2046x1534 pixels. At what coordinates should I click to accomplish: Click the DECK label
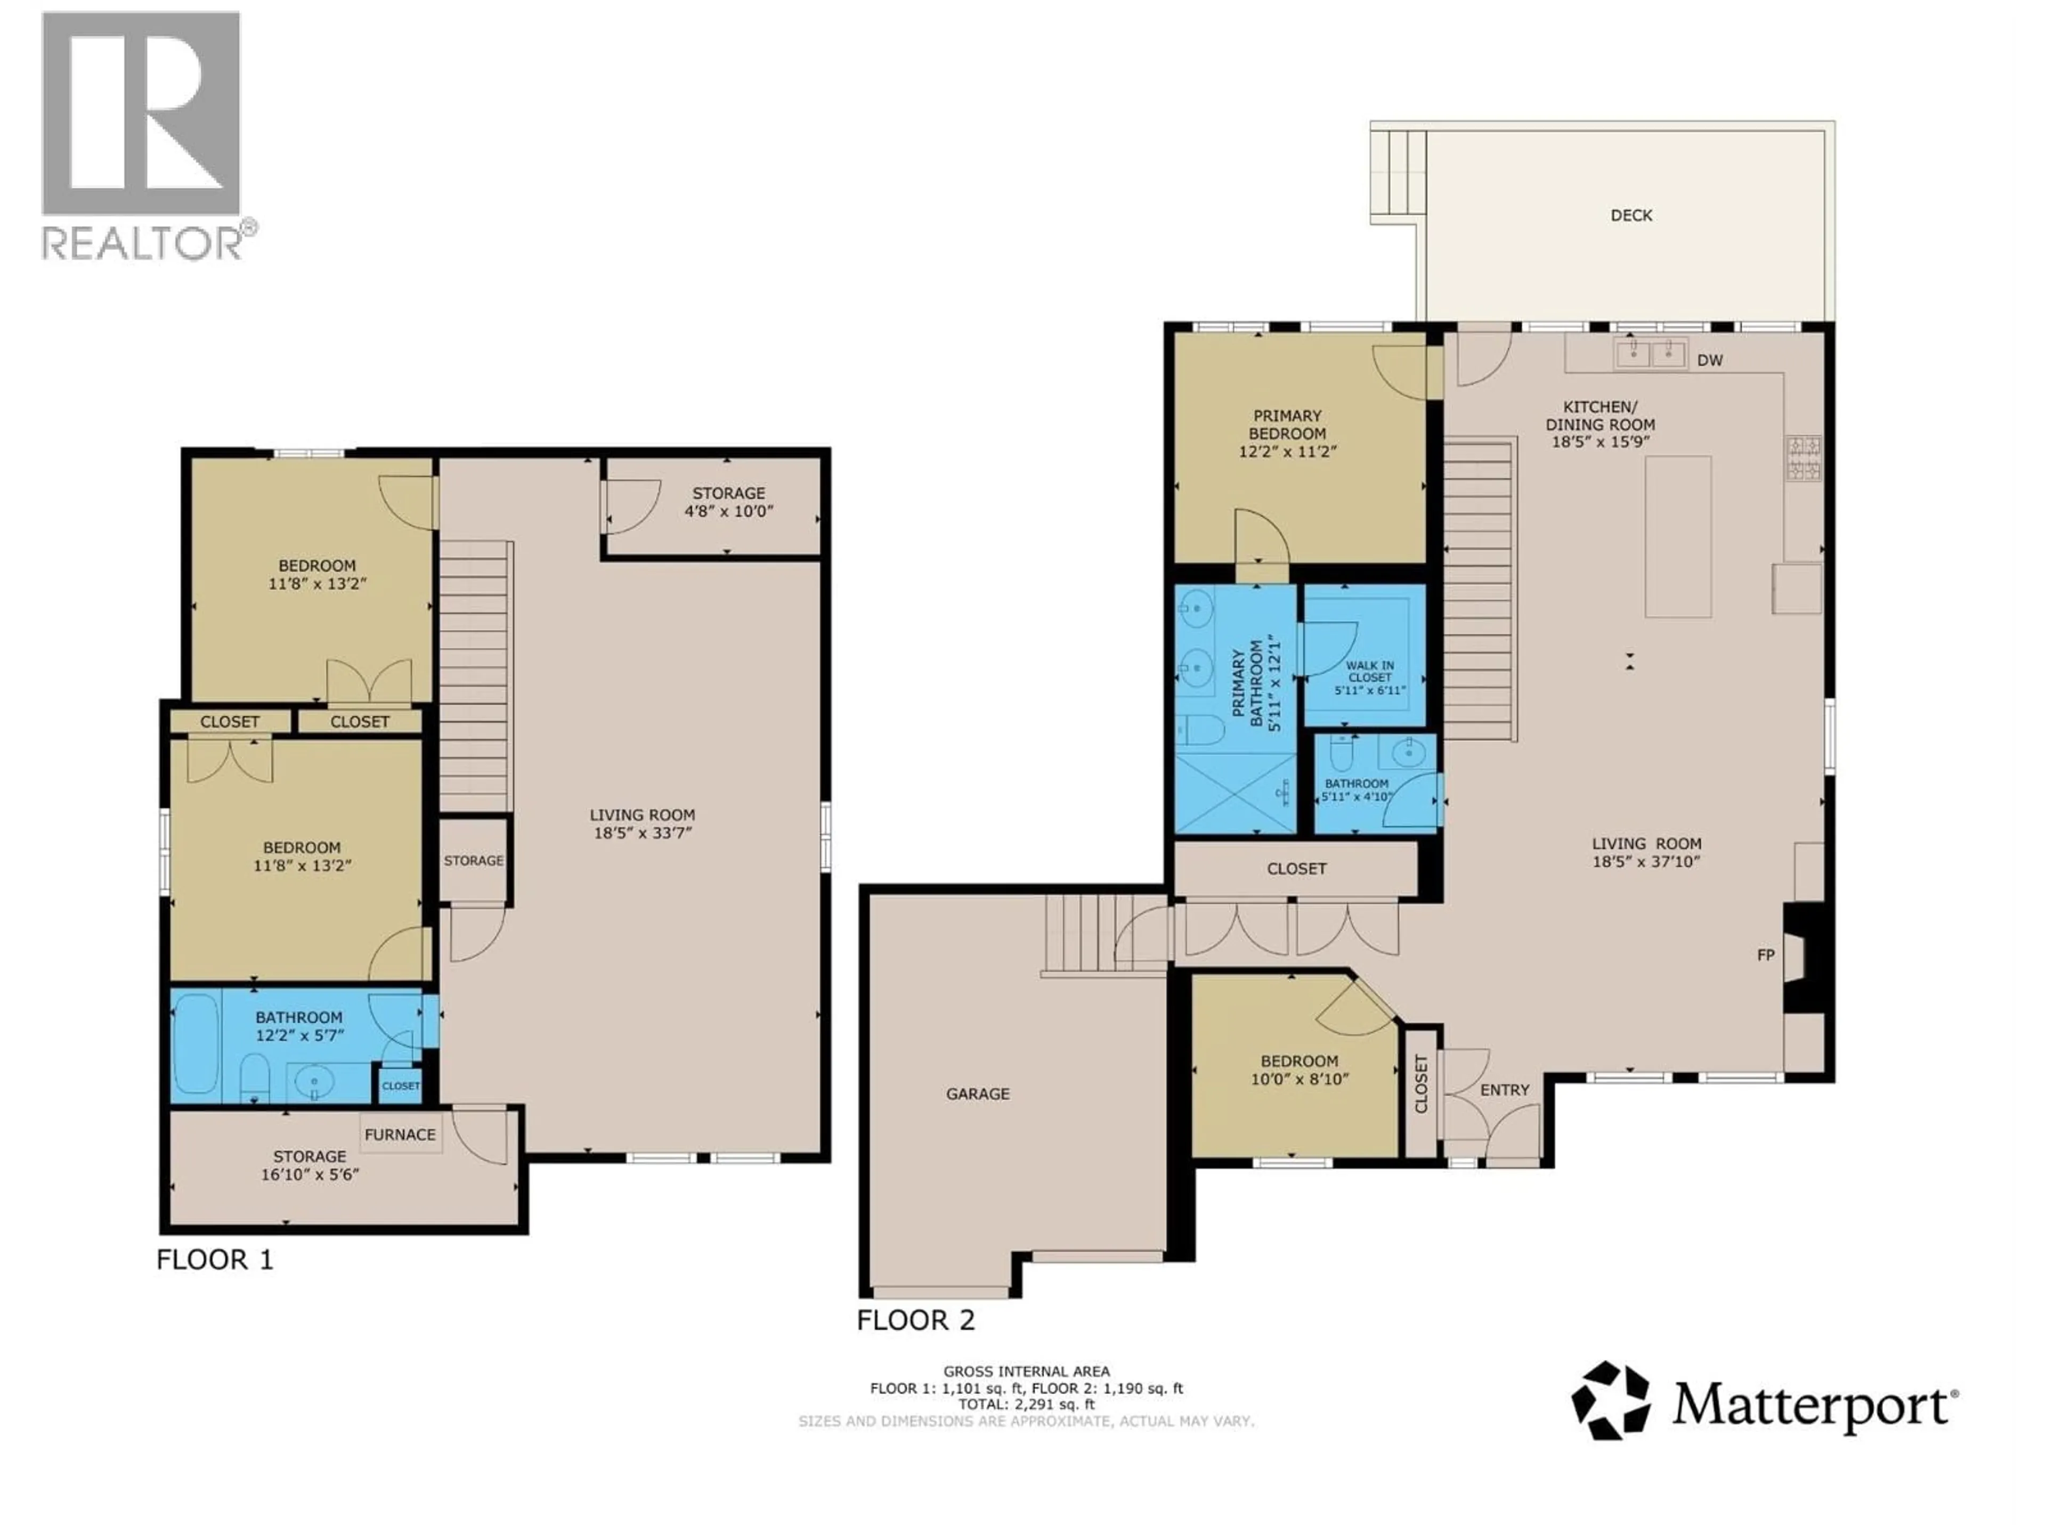[1631, 215]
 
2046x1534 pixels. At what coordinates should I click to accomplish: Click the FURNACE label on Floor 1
[400, 1135]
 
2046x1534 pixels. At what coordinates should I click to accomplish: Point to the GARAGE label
[978, 1094]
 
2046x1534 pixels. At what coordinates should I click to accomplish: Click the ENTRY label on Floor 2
[1504, 1090]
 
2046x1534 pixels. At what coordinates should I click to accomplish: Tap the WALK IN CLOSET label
[1370, 671]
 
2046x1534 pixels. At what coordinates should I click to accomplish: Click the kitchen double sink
[1651, 352]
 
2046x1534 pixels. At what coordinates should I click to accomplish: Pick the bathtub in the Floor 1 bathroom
[196, 1043]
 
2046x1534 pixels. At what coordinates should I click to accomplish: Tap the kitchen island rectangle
[1677, 536]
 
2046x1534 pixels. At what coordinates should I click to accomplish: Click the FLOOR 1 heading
[215, 1260]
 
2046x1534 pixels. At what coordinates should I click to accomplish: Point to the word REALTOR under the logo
[143, 243]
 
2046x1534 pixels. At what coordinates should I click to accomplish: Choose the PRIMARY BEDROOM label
[1287, 425]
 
